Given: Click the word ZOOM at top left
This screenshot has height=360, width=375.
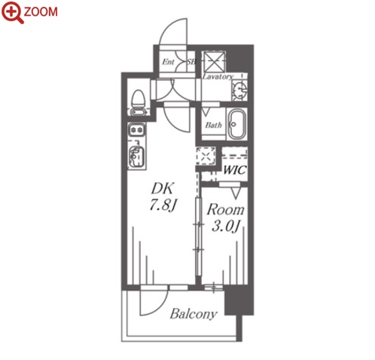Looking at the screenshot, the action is (x=41, y=12).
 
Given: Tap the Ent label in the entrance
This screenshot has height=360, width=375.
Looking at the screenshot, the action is (x=168, y=62).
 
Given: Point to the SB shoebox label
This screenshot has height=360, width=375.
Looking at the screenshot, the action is (x=191, y=62).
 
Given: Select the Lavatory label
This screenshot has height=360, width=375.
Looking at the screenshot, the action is (x=218, y=76).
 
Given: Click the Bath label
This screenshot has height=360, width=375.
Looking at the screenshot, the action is (x=213, y=125).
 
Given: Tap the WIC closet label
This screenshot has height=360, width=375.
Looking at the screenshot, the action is (x=234, y=170).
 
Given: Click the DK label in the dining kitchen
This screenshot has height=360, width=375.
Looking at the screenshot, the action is (x=162, y=188).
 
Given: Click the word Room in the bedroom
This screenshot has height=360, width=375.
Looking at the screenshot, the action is (x=225, y=209).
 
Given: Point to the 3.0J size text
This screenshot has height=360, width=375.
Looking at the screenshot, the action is (x=225, y=227).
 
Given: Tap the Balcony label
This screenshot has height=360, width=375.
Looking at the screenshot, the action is (x=194, y=314).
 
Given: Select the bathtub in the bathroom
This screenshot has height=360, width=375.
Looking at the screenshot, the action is (x=237, y=124).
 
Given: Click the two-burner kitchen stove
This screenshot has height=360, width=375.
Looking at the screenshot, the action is (x=136, y=130).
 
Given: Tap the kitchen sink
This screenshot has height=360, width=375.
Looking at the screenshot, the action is (x=136, y=157).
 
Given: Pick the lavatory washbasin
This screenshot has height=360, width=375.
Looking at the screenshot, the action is (x=239, y=90).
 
